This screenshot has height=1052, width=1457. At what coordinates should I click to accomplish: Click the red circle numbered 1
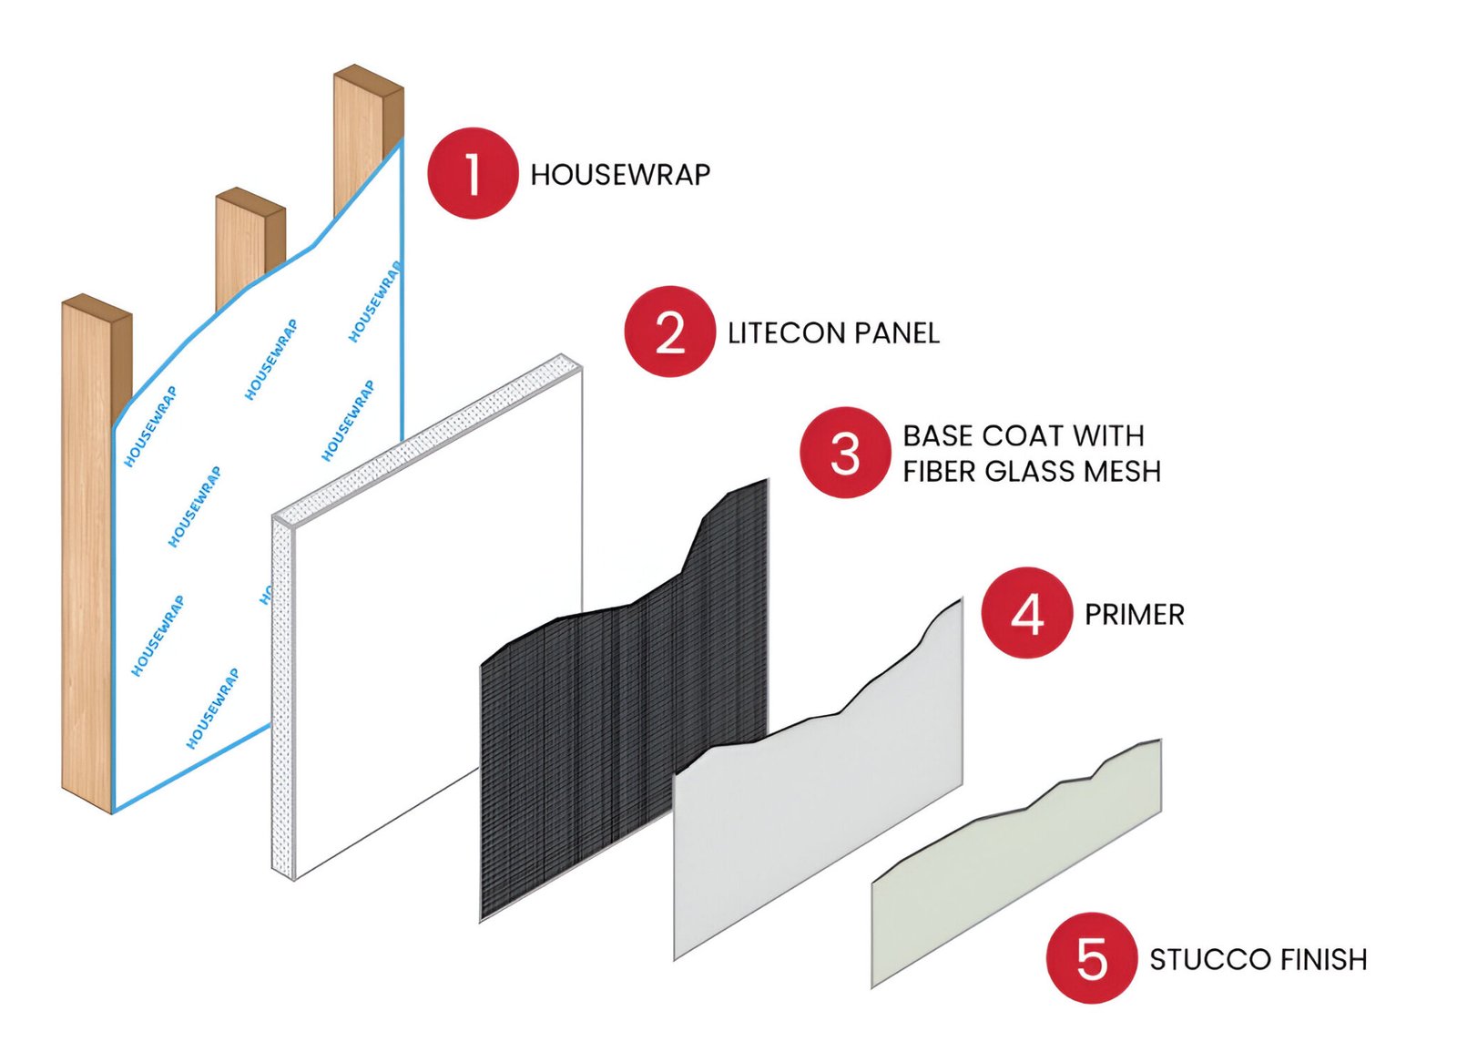pyautogui.click(x=472, y=173)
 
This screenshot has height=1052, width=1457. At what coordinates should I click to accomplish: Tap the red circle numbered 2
pyautogui.click(x=669, y=332)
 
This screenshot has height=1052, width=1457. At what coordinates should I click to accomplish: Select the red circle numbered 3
pyautogui.click(x=845, y=453)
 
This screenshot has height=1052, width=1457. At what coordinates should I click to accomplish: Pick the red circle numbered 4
pyautogui.click(x=1026, y=613)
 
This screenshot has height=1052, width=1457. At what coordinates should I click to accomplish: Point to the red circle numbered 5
pyautogui.click(x=1091, y=958)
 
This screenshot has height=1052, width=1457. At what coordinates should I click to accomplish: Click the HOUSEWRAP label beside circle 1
pyautogui.click(x=620, y=175)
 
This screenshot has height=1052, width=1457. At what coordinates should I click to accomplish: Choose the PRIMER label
pyautogui.click(x=1134, y=615)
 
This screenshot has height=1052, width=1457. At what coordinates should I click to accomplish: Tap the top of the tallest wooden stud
pyautogui.click(x=368, y=80)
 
